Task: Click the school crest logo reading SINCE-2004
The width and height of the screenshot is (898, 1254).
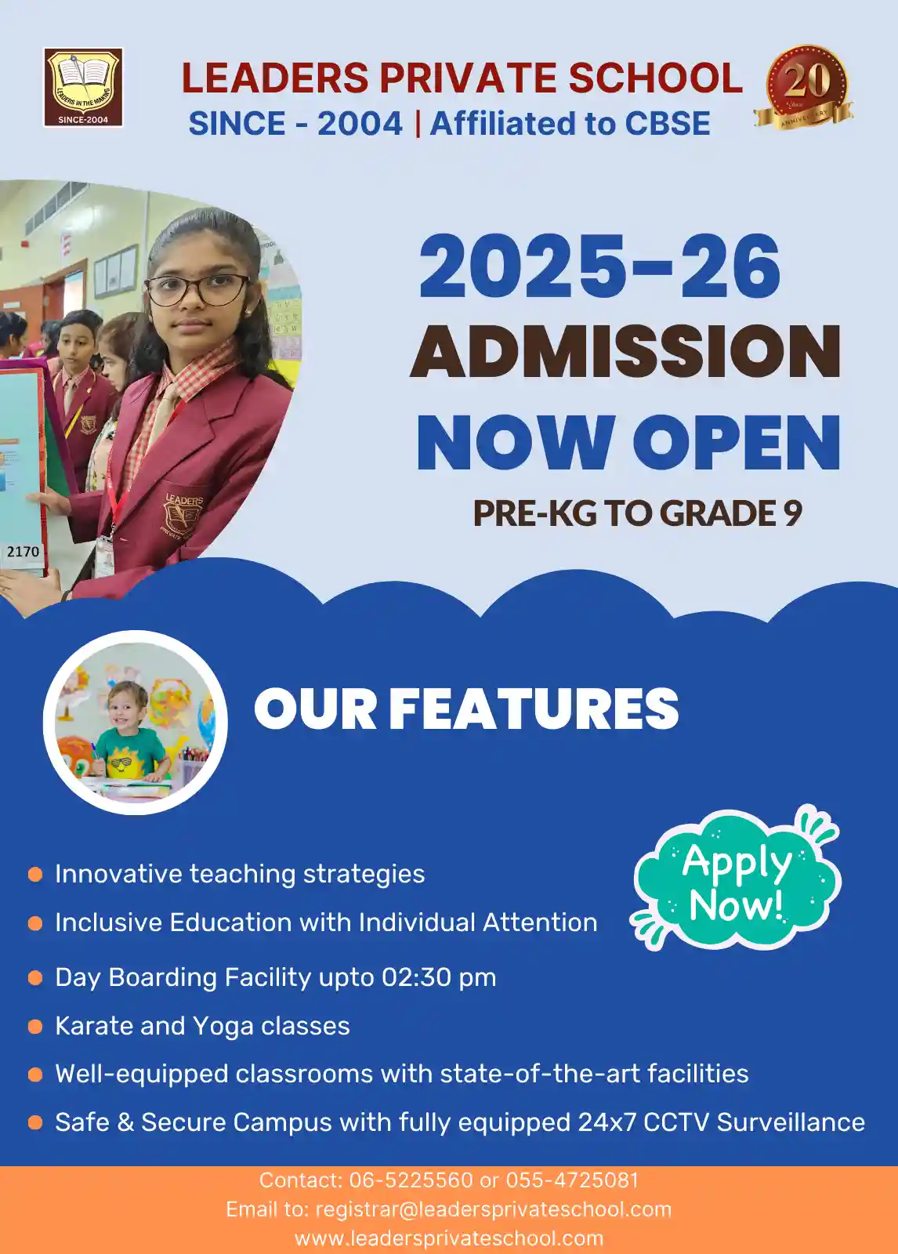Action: (x=83, y=87)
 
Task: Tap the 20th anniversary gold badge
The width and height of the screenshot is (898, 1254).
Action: (x=804, y=87)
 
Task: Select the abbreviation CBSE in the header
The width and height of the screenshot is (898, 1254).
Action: (x=668, y=124)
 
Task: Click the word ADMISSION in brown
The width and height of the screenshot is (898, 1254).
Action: (x=625, y=351)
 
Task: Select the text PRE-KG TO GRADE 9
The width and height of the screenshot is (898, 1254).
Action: (x=638, y=513)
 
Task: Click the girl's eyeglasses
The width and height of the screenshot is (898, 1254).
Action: (x=197, y=289)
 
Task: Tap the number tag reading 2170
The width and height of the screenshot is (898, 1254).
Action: (x=23, y=552)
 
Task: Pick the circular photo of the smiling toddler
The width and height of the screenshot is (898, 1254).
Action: (x=136, y=722)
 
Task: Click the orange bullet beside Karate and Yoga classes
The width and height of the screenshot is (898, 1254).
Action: (x=35, y=1026)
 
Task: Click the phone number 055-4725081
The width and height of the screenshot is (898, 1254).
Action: (x=572, y=1180)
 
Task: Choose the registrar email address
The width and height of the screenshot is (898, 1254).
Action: (x=493, y=1209)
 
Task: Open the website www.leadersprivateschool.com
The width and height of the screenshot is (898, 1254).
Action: (x=449, y=1238)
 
